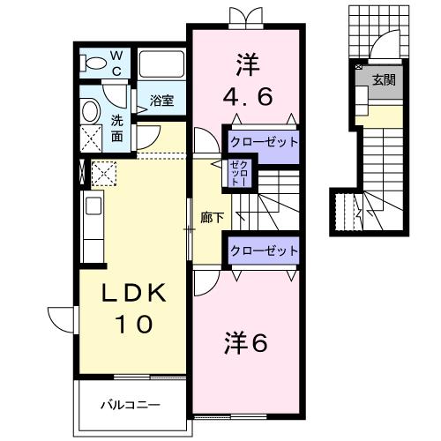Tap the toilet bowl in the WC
(x=92, y=62)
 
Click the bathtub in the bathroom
(x=161, y=64)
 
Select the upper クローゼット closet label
(x=264, y=141)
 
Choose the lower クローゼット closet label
(x=264, y=250)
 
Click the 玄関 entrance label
(x=383, y=79)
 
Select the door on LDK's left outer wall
(x=62, y=317)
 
